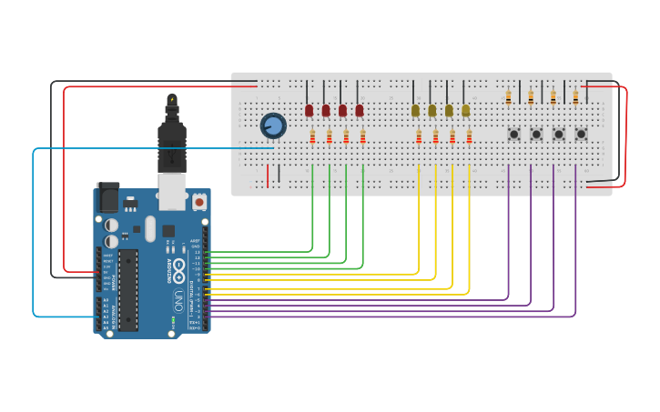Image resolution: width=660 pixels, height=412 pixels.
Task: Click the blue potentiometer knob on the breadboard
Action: tap(272, 126)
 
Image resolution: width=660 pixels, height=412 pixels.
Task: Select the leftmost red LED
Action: tap(309, 110)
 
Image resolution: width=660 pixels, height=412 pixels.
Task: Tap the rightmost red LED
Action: tap(360, 110)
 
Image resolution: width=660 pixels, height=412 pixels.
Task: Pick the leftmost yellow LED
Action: tap(415, 110)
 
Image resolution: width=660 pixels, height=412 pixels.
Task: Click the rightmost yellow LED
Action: tap(466, 110)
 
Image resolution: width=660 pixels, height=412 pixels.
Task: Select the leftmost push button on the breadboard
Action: tap(513, 134)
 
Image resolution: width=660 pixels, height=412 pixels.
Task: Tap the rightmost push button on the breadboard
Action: tap(581, 134)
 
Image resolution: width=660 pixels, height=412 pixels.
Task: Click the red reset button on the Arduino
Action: tap(198, 200)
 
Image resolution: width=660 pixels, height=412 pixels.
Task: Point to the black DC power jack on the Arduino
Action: tap(108, 197)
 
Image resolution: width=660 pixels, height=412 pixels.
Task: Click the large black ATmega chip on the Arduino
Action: tap(128, 289)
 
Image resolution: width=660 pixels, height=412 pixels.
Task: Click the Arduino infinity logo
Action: tap(179, 270)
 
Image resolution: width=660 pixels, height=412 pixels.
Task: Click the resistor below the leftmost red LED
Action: tap(312, 137)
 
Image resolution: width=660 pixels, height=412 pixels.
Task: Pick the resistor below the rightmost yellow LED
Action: tap(470, 137)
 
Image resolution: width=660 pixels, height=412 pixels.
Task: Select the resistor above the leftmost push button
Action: tap(508, 97)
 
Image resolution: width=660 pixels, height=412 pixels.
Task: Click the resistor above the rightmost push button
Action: tap(575, 97)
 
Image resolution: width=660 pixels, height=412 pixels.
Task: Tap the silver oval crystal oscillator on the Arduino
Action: tap(150, 228)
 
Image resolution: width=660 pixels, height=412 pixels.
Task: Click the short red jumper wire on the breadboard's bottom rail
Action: tap(268, 175)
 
